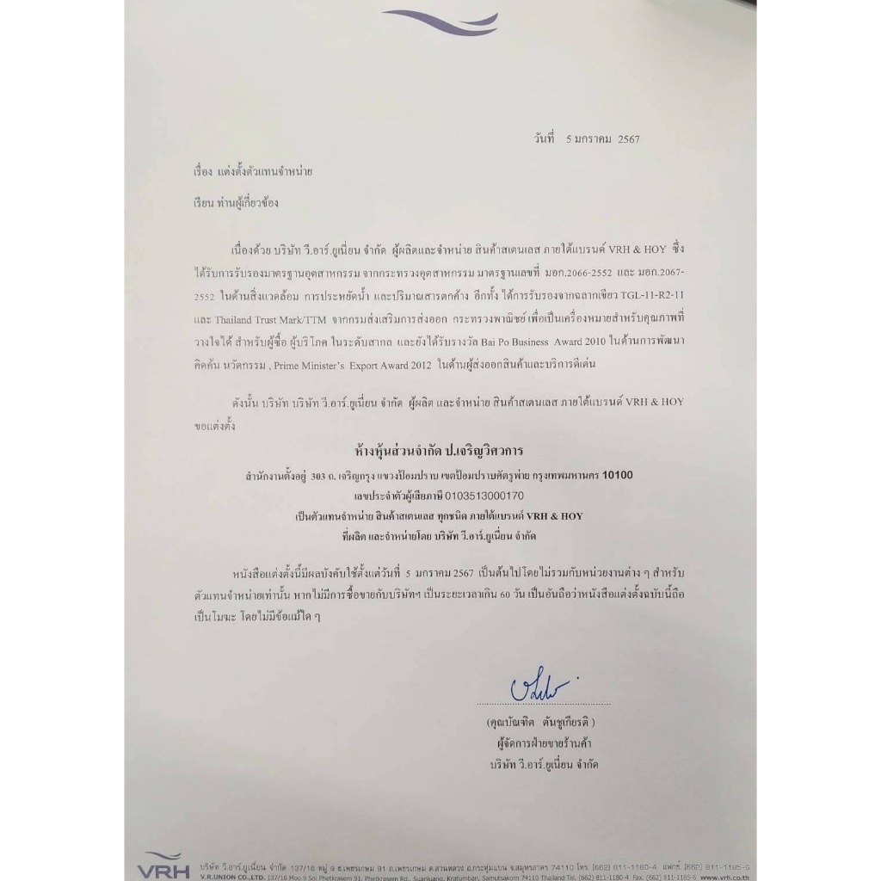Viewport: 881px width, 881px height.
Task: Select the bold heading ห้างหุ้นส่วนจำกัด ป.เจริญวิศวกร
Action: point(440,449)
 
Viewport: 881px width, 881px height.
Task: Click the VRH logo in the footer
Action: point(162,863)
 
